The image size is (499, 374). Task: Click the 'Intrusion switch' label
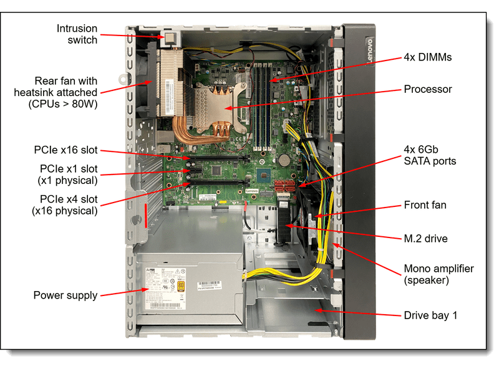(x=77, y=34)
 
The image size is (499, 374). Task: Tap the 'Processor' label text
(x=427, y=89)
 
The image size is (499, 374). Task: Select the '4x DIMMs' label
(x=427, y=57)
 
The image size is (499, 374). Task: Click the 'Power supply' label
(x=65, y=295)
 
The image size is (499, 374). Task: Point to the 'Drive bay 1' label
(x=430, y=315)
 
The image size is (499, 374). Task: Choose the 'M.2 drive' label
(x=425, y=238)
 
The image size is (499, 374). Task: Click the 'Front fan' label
(x=425, y=205)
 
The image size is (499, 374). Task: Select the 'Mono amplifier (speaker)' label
(x=438, y=274)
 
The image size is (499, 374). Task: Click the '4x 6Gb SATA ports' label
(x=430, y=155)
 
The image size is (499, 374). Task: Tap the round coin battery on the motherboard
(x=284, y=151)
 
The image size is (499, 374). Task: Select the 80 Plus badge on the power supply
(x=182, y=286)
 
